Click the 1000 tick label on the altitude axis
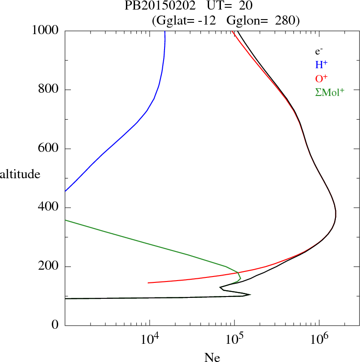click(x=46, y=30)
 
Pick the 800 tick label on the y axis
click(x=49, y=90)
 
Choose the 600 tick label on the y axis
click(x=49, y=149)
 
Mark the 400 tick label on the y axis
click(x=49, y=208)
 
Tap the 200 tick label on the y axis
click(x=49, y=266)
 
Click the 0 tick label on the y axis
click(x=55, y=326)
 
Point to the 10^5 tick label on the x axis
click(x=234, y=338)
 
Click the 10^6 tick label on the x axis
click(x=319, y=338)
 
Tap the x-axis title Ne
click(x=212, y=357)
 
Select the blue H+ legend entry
click(x=321, y=65)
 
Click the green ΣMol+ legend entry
click(x=330, y=92)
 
